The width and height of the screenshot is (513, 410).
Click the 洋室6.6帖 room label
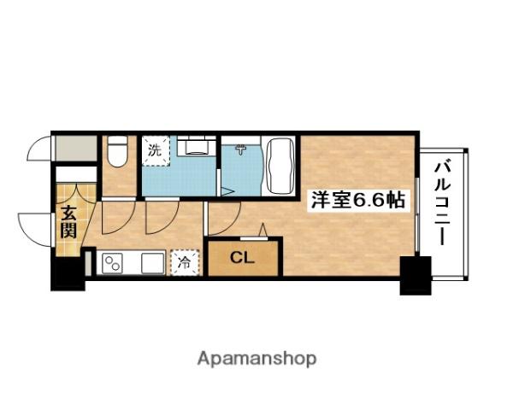tap(358, 200)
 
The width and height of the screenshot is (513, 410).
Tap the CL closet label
tap(242, 258)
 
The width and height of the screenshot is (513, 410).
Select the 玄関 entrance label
tap(68, 222)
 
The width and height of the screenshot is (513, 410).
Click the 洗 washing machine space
tap(156, 150)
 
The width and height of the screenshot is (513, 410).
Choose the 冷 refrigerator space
tap(185, 262)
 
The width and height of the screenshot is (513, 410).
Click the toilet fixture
tap(117, 151)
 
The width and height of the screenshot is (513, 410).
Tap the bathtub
tap(279, 166)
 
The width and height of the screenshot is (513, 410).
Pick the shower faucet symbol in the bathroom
tap(241, 149)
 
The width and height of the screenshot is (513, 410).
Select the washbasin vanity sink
tap(197, 146)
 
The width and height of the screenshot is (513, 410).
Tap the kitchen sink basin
tap(153, 263)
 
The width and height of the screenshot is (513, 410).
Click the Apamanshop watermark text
tap(256, 359)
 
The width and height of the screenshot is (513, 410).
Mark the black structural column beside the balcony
tap(416, 276)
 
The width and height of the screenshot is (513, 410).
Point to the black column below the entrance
tap(68, 274)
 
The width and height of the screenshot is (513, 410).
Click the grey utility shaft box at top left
tap(76, 149)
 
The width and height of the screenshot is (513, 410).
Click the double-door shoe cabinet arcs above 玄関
tap(77, 193)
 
